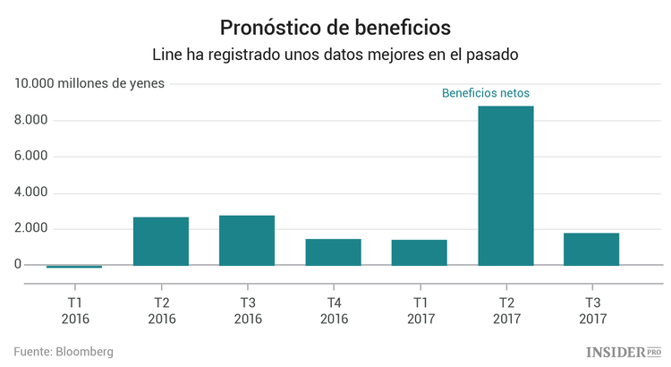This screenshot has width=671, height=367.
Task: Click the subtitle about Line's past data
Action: coord(335,55)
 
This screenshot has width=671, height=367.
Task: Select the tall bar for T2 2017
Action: coord(505,185)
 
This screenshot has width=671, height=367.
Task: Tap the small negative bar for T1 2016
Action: coord(74,267)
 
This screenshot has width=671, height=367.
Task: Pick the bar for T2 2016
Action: coord(161,241)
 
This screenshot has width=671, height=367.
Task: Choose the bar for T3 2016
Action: coord(247,240)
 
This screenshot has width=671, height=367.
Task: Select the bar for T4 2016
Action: coord(333,252)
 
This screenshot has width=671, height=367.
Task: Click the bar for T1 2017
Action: coord(419,252)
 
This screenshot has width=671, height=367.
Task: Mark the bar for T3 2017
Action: coord(591,249)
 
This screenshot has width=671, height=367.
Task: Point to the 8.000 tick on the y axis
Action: coord(30,121)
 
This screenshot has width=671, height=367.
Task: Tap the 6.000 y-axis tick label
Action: coord(30,157)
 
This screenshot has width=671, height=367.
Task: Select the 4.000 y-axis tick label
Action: coord(30,193)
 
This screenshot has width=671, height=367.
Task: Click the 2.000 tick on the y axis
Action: coord(30,229)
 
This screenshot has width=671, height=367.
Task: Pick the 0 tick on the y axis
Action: coord(17,265)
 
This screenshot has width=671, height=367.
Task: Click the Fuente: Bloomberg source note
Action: coord(64,352)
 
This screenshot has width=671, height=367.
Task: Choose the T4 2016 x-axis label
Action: coord(333,310)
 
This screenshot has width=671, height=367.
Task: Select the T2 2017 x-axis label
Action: coord(505,310)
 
